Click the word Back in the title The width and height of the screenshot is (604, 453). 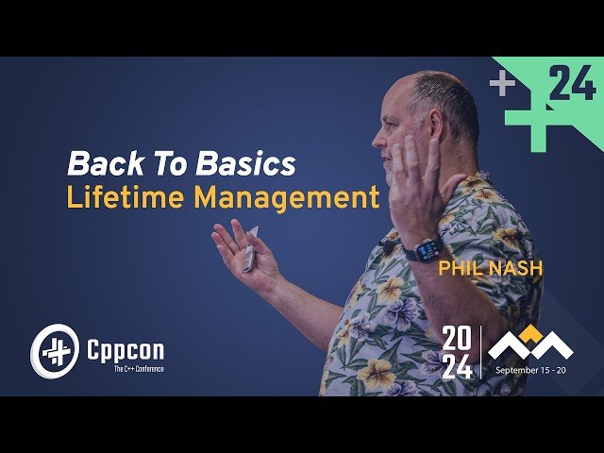point(98,164)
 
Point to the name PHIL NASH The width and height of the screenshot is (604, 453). point(489,269)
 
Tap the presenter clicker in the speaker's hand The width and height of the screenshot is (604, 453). point(250,247)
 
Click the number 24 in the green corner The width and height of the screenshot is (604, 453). point(572,86)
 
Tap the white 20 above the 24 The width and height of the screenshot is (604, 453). point(457,337)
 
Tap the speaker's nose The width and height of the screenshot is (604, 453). point(377,142)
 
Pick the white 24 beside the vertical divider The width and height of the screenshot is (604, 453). point(457,365)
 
